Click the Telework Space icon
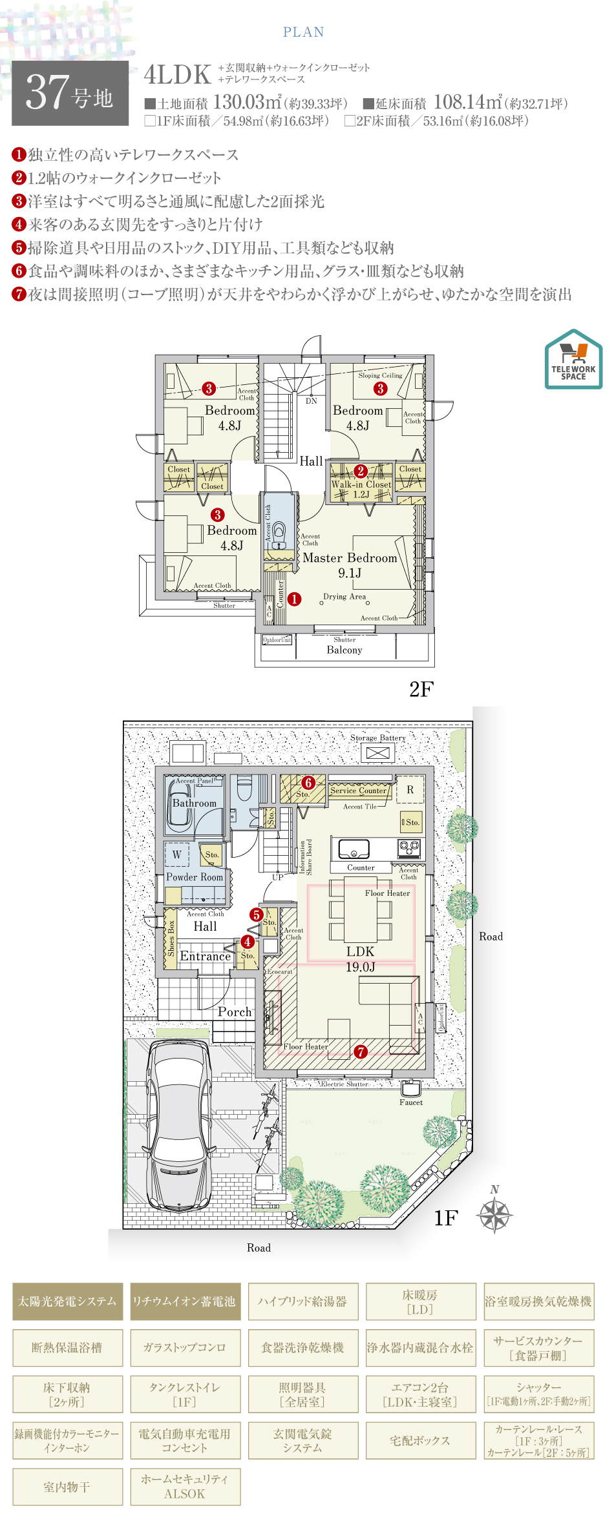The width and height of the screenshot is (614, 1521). (x=573, y=359)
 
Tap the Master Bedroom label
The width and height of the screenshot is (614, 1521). (x=350, y=558)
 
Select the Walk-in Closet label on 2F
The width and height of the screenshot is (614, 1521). (x=361, y=484)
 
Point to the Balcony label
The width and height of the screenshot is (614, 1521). (x=344, y=650)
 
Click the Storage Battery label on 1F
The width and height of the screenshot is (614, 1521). (x=378, y=738)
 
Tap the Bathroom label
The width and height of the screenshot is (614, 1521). (x=194, y=803)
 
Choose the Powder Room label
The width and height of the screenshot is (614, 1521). (x=195, y=877)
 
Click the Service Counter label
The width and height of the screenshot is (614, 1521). (x=358, y=791)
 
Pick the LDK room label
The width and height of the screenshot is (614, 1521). (x=360, y=951)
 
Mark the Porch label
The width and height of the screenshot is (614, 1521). (x=235, y=1012)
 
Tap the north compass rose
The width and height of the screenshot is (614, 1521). (x=494, y=1216)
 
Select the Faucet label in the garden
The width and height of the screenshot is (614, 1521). (x=410, y=1102)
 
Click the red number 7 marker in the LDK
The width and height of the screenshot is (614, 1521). (x=361, y=1052)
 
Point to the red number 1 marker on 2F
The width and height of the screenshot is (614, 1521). (x=294, y=599)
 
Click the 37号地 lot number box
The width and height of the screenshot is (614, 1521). (x=70, y=93)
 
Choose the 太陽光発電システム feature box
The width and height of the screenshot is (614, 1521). (x=67, y=1301)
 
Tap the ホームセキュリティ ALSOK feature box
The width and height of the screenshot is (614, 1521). (x=185, y=1486)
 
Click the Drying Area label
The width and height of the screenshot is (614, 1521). (x=344, y=597)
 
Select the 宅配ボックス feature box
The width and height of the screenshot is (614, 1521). (x=420, y=1440)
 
